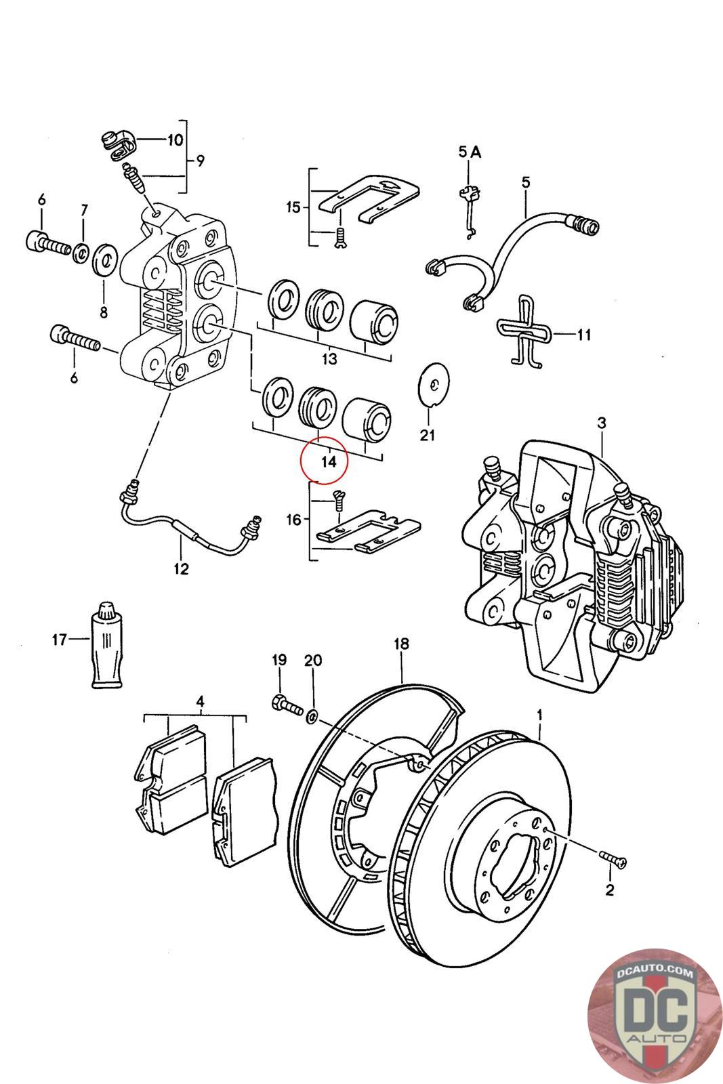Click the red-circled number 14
point(329,461)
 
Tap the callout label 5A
point(470,152)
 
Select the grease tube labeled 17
point(107,644)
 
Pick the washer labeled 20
point(312,715)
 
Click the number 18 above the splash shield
point(401,644)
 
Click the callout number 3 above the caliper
point(602,423)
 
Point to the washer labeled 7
point(81,253)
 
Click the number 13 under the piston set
point(329,360)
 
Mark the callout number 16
point(294,520)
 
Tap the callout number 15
point(294,208)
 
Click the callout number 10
point(175,140)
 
